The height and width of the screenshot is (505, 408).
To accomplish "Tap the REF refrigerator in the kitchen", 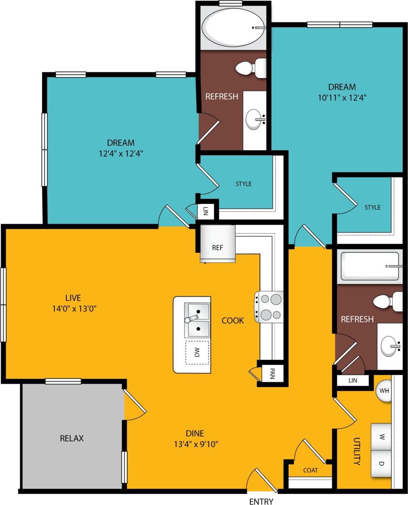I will click(x=217, y=247).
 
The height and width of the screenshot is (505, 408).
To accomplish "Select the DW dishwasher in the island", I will click(x=197, y=352).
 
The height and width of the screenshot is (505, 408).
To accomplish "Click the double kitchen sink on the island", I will click(x=197, y=320).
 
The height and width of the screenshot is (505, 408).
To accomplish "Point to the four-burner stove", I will click(x=269, y=307).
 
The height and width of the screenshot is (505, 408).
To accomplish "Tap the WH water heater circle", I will click(x=384, y=390).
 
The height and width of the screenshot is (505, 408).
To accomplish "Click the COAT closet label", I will click(x=310, y=470).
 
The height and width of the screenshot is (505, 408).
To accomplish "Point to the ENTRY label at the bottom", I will click(x=261, y=501).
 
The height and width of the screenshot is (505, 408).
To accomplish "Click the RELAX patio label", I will click(x=72, y=438).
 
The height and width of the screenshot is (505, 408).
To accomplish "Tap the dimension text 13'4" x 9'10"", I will click(x=195, y=444).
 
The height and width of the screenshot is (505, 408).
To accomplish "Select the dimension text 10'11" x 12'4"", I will click(x=342, y=98).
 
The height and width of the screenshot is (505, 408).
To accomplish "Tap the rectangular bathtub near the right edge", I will click(x=370, y=266).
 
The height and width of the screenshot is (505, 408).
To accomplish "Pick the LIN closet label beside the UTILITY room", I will click(x=353, y=380).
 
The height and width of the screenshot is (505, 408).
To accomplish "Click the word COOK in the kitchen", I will click(x=233, y=320).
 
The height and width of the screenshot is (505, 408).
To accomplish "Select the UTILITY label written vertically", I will click(x=357, y=451).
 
